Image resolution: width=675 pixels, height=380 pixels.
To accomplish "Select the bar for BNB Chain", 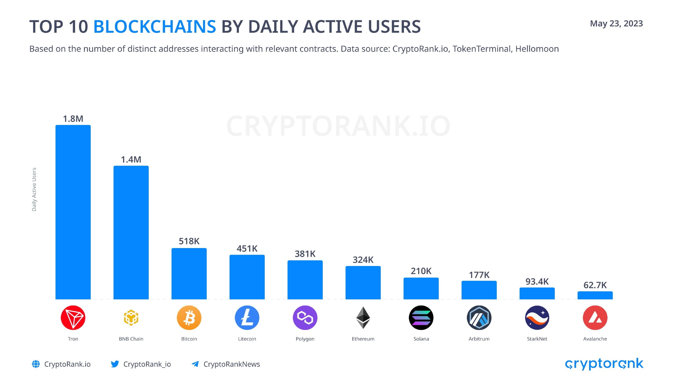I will pyautogui.click(x=131, y=232).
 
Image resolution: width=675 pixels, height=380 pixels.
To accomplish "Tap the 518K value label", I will pyautogui.click(x=189, y=241).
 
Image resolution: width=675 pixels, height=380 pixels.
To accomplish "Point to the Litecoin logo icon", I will pyautogui.click(x=247, y=318).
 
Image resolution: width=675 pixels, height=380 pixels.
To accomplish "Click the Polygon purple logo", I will pyautogui.click(x=305, y=318).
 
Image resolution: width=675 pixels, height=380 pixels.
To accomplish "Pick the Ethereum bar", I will pyautogui.click(x=363, y=283).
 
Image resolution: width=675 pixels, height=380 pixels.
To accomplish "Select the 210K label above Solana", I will pyautogui.click(x=421, y=271).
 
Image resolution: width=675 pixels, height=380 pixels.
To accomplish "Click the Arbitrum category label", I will pyautogui.click(x=479, y=339).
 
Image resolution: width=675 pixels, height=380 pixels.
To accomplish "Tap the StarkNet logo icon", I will pyautogui.click(x=537, y=318).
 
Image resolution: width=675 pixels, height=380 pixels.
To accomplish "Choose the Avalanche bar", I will pyautogui.click(x=595, y=295).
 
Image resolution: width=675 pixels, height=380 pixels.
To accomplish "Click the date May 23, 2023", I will pyautogui.click(x=616, y=23).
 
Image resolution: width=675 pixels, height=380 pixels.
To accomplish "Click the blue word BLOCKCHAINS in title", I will pyautogui.click(x=155, y=27).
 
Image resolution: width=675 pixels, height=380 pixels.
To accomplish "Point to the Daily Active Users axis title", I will pyautogui.click(x=34, y=189).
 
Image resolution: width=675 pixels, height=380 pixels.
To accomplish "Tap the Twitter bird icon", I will pyautogui.click(x=115, y=364).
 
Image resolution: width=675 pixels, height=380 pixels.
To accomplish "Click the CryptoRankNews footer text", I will pyautogui.click(x=232, y=364).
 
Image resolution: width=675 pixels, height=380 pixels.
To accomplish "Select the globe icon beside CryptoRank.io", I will pyautogui.click(x=36, y=364).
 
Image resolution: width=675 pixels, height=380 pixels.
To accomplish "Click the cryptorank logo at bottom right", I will pyautogui.click(x=604, y=364).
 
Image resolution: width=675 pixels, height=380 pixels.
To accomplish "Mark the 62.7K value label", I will pyautogui.click(x=595, y=285).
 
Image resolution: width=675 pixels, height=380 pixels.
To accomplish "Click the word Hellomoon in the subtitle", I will pyautogui.click(x=537, y=49).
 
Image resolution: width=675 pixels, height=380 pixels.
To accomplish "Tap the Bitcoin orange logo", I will pyautogui.click(x=189, y=318).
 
